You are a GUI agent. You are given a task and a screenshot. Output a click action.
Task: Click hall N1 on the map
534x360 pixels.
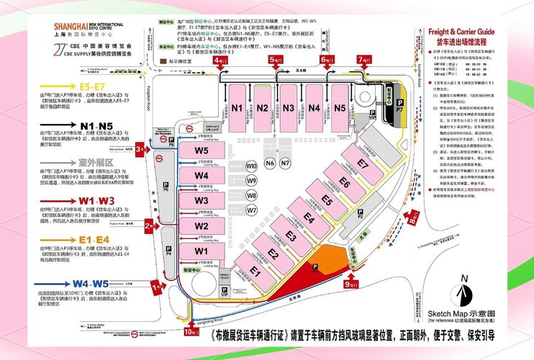point(237,108)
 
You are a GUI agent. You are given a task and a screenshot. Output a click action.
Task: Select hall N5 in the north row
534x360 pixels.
point(340,108)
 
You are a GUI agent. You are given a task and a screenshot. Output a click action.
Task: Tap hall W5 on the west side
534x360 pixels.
point(202,151)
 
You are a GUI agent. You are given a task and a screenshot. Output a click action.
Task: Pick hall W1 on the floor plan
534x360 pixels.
point(202,251)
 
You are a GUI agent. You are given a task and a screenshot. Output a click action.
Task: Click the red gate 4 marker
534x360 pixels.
point(219,62)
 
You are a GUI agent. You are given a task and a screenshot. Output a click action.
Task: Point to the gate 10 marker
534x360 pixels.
point(191,332)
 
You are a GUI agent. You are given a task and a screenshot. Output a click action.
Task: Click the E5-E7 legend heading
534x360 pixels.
point(97,87)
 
